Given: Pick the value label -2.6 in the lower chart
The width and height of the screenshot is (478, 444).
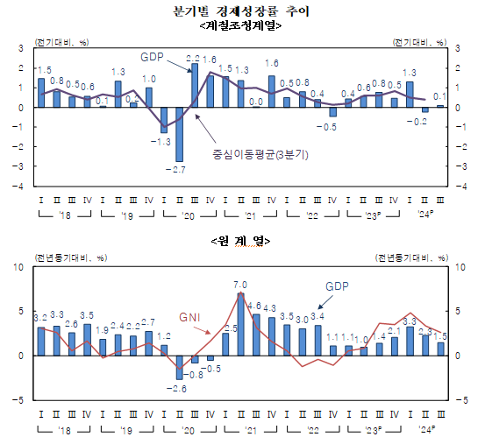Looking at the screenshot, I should (x=179, y=388).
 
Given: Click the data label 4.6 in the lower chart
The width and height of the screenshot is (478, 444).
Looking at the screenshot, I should (x=255, y=306).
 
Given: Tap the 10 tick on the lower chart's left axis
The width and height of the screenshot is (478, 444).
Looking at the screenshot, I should (x=19, y=266).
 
